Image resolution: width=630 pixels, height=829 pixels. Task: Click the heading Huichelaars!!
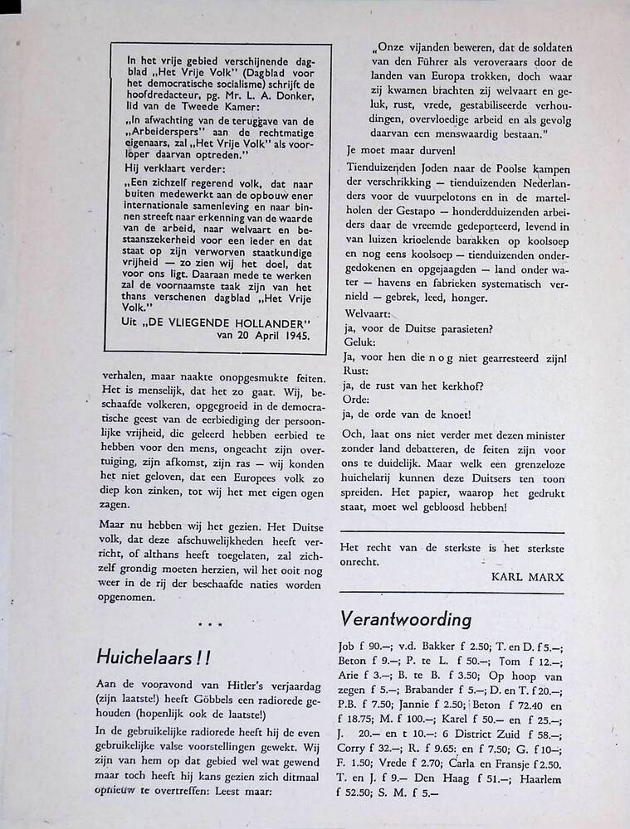tap(154, 657)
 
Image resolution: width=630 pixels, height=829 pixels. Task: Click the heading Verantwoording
tap(405, 619)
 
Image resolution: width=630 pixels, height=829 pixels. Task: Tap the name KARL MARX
tap(527, 574)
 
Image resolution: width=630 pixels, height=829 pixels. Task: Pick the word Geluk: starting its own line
tap(359, 342)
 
